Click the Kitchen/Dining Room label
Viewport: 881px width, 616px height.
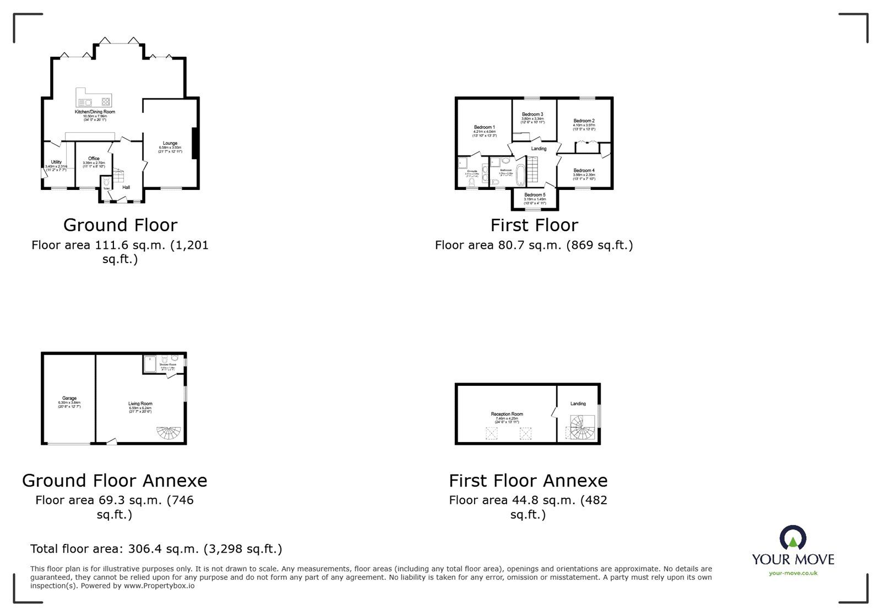tap(95, 112)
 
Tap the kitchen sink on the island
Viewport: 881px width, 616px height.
tap(85, 102)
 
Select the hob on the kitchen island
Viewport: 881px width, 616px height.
tap(105, 101)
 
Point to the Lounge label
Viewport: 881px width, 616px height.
tap(170, 143)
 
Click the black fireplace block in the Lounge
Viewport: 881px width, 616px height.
tap(194, 143)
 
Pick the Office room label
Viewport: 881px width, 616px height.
tap(94, 159)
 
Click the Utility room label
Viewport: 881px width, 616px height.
tap(56, 162)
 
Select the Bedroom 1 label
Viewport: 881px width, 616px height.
tap(485, 127)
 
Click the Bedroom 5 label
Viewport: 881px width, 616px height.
tap(535, 195)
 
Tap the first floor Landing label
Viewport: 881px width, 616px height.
tap(539, 149)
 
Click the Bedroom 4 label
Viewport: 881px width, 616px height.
tap(584, 171)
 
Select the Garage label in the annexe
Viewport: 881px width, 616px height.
tap(69, 398)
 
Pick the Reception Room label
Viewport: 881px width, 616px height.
tap(507, 414)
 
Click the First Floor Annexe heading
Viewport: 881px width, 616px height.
tap(527, 481)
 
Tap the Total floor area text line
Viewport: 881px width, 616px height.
tap(156, 549)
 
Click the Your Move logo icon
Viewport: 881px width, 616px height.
tap(793, 538)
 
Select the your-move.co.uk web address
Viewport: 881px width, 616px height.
tap(793, 573)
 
